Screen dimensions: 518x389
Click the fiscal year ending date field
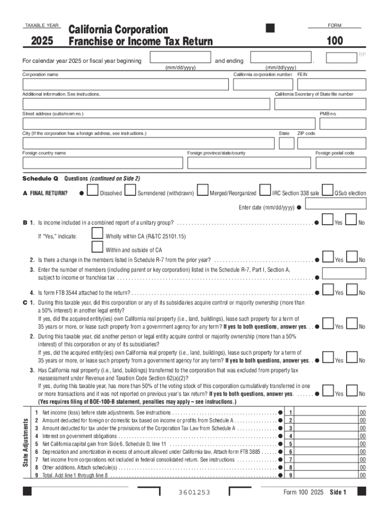(281, 57)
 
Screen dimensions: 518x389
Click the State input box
(286, 143)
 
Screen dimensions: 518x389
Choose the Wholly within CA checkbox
(97, 233)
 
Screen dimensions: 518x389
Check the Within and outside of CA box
(97, 247)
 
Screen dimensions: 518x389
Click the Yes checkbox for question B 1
(328, 220)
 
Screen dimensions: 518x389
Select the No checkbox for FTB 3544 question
(352, 290)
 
